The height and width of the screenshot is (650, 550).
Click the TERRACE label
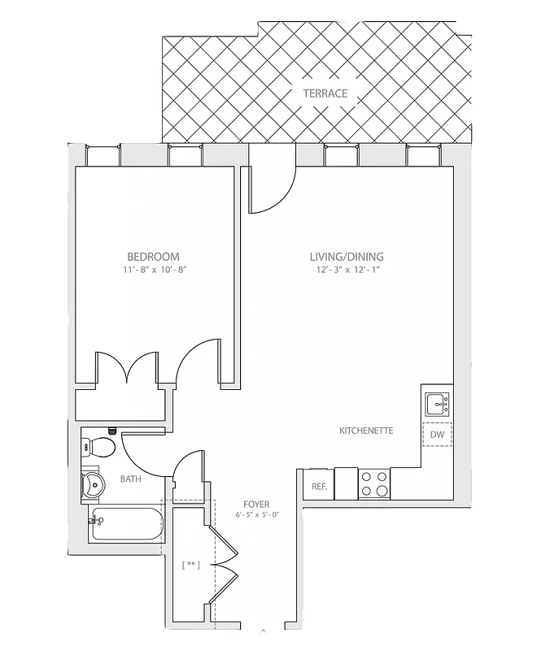325,93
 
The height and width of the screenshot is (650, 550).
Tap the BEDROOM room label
153,256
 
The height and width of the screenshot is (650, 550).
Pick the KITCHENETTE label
366,430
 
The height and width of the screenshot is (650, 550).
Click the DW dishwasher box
437,435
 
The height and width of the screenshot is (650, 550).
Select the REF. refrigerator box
318,486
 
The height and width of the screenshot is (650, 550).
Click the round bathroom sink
94,485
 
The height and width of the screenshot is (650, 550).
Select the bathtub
127,524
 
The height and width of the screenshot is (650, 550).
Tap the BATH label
130,479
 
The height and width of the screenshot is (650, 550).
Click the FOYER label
256,504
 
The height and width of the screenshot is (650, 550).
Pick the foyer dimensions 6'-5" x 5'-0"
256,515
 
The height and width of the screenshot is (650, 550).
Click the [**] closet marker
191,565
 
